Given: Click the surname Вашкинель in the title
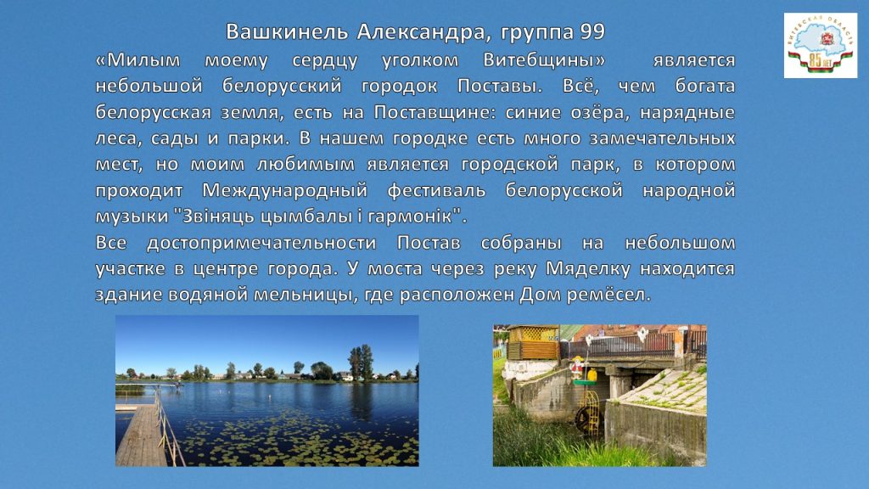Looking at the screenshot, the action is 287,31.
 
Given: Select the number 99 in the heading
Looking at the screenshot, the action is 592,31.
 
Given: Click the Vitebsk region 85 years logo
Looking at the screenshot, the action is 821,46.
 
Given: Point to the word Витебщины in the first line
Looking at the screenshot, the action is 544,60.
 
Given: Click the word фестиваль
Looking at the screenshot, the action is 437,190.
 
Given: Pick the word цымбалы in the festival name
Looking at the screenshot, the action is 309,216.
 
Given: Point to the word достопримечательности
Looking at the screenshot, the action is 261,243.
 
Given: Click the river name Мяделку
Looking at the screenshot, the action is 588,269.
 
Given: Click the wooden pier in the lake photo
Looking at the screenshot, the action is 142,436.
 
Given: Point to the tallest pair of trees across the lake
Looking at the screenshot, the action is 360,363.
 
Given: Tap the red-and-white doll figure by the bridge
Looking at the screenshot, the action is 577,368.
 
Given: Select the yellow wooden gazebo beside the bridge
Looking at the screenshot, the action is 533,342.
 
